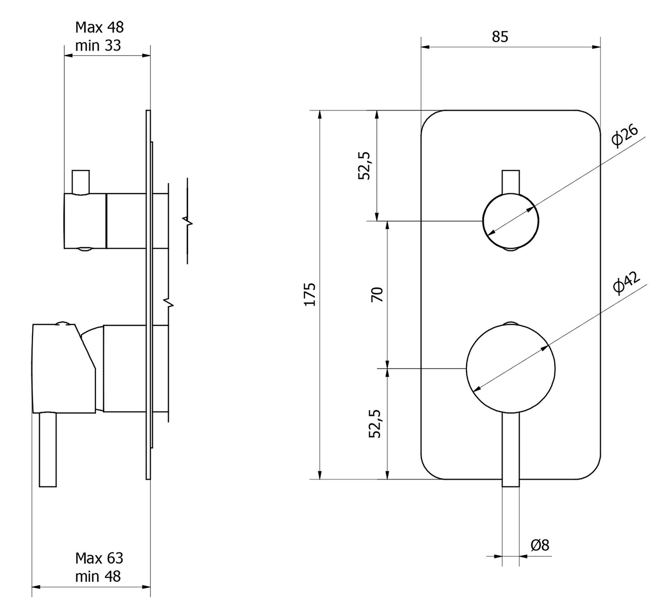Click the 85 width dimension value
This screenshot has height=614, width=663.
coord(500,37)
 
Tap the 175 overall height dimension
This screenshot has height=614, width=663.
coord(310,294)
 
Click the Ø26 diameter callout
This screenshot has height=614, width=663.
coord(625,136)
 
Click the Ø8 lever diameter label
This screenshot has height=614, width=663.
coord(540,545)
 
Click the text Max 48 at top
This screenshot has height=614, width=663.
coord(100,28)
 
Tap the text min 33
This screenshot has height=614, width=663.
coord(98,45)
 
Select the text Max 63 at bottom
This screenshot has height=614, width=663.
coord(100,558)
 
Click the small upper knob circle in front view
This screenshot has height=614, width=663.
coord(510,221)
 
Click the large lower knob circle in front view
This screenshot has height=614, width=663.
coord(510,368)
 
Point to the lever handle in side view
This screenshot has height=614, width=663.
coord(48,450)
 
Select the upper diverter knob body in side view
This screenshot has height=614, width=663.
coord(85,221)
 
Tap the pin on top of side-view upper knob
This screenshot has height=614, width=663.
coord(80,182)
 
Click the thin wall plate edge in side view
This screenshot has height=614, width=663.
coord(148,294)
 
